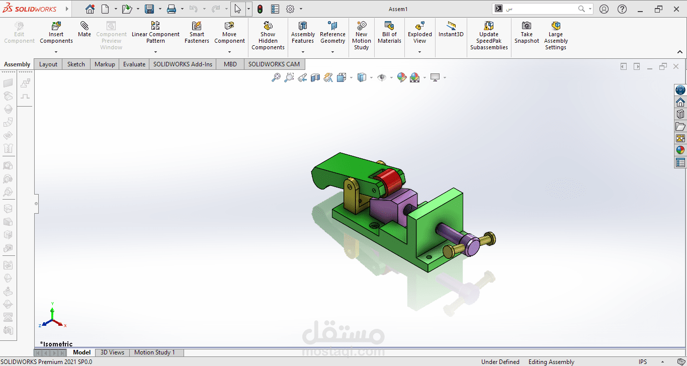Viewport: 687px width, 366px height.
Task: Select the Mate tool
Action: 84,30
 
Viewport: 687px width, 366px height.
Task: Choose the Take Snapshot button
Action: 527,33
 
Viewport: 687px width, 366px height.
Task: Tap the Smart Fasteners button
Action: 197,33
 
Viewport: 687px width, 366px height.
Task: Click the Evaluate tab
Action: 134,64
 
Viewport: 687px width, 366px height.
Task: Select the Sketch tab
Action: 76,64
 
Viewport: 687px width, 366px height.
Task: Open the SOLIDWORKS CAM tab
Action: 274,64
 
